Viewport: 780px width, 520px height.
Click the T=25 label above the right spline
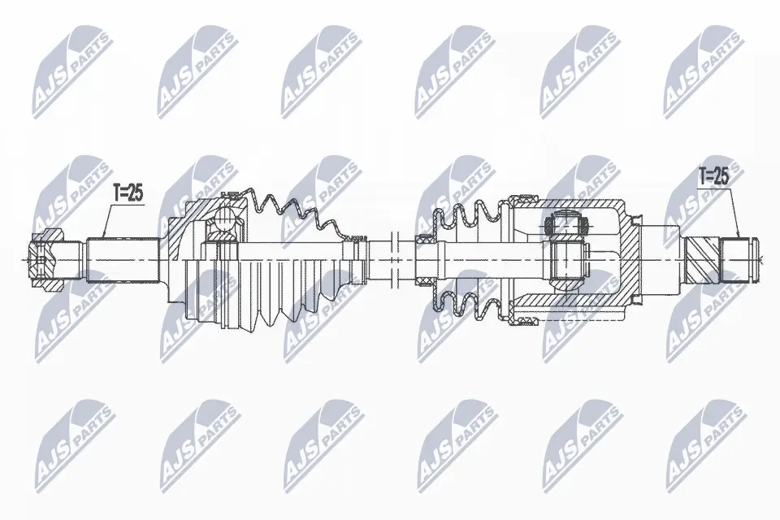pos(714,176)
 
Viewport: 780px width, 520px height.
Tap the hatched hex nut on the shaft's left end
pos(47,260)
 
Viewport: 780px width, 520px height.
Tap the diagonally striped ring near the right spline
pos(703,260)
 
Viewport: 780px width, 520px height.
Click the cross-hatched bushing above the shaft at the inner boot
pos(425,240)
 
